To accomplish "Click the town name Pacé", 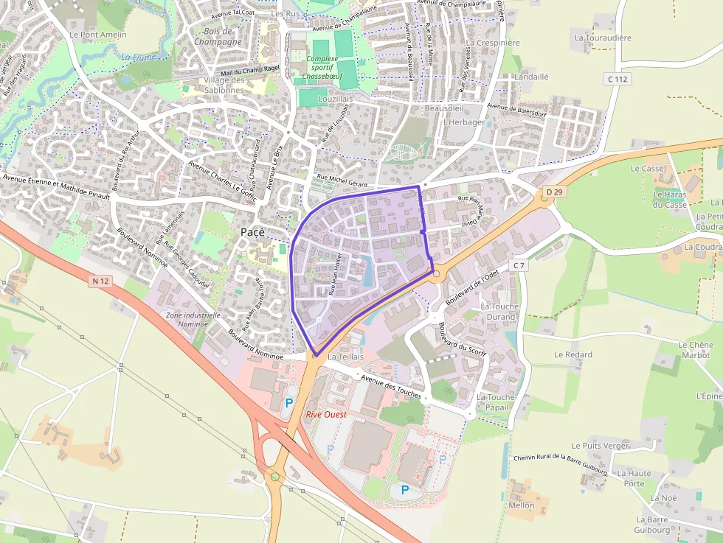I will pyautogui.click(x=252, y=232).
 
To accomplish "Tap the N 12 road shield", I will pyautogui.click(x=101, y=281).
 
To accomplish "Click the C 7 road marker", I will pyautogui.click(x=519, y=265).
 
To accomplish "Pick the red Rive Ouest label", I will pyautogui.click(x=326, y=415).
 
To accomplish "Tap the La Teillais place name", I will pyautogui.click(x=346, y=357).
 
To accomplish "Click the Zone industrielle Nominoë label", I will pyautogui.click(x=193, y=319).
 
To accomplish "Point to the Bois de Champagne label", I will pyautogui.click(x=218, y=37).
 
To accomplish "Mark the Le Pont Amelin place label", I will pyautogui.click(x=97, y=35).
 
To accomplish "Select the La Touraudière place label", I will pyautogui.click(x=603, y=37).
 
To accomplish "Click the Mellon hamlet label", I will pyautogui.click(x=522, y=505).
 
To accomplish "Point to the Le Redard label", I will pyautogui.click(x=573, y=354).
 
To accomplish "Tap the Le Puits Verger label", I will pyautogui.click(x=600, y=446).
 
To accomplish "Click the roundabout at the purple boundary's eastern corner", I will pyautogui.click(x=436, y=273).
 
